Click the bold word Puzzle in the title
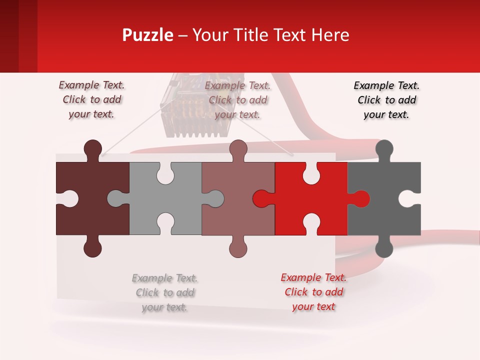coord(147,35)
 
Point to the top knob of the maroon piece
coord(93,148)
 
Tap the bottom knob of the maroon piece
coord(93,248)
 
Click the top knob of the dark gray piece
coord(384,148)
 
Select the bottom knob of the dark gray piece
coord(384,248)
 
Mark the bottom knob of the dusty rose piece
coord(238,248)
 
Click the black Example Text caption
coord(386,100)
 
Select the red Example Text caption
coord(313,292)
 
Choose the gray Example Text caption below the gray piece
coord(165,292)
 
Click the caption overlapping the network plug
coord(237,100)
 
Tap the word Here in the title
coord(330,35)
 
